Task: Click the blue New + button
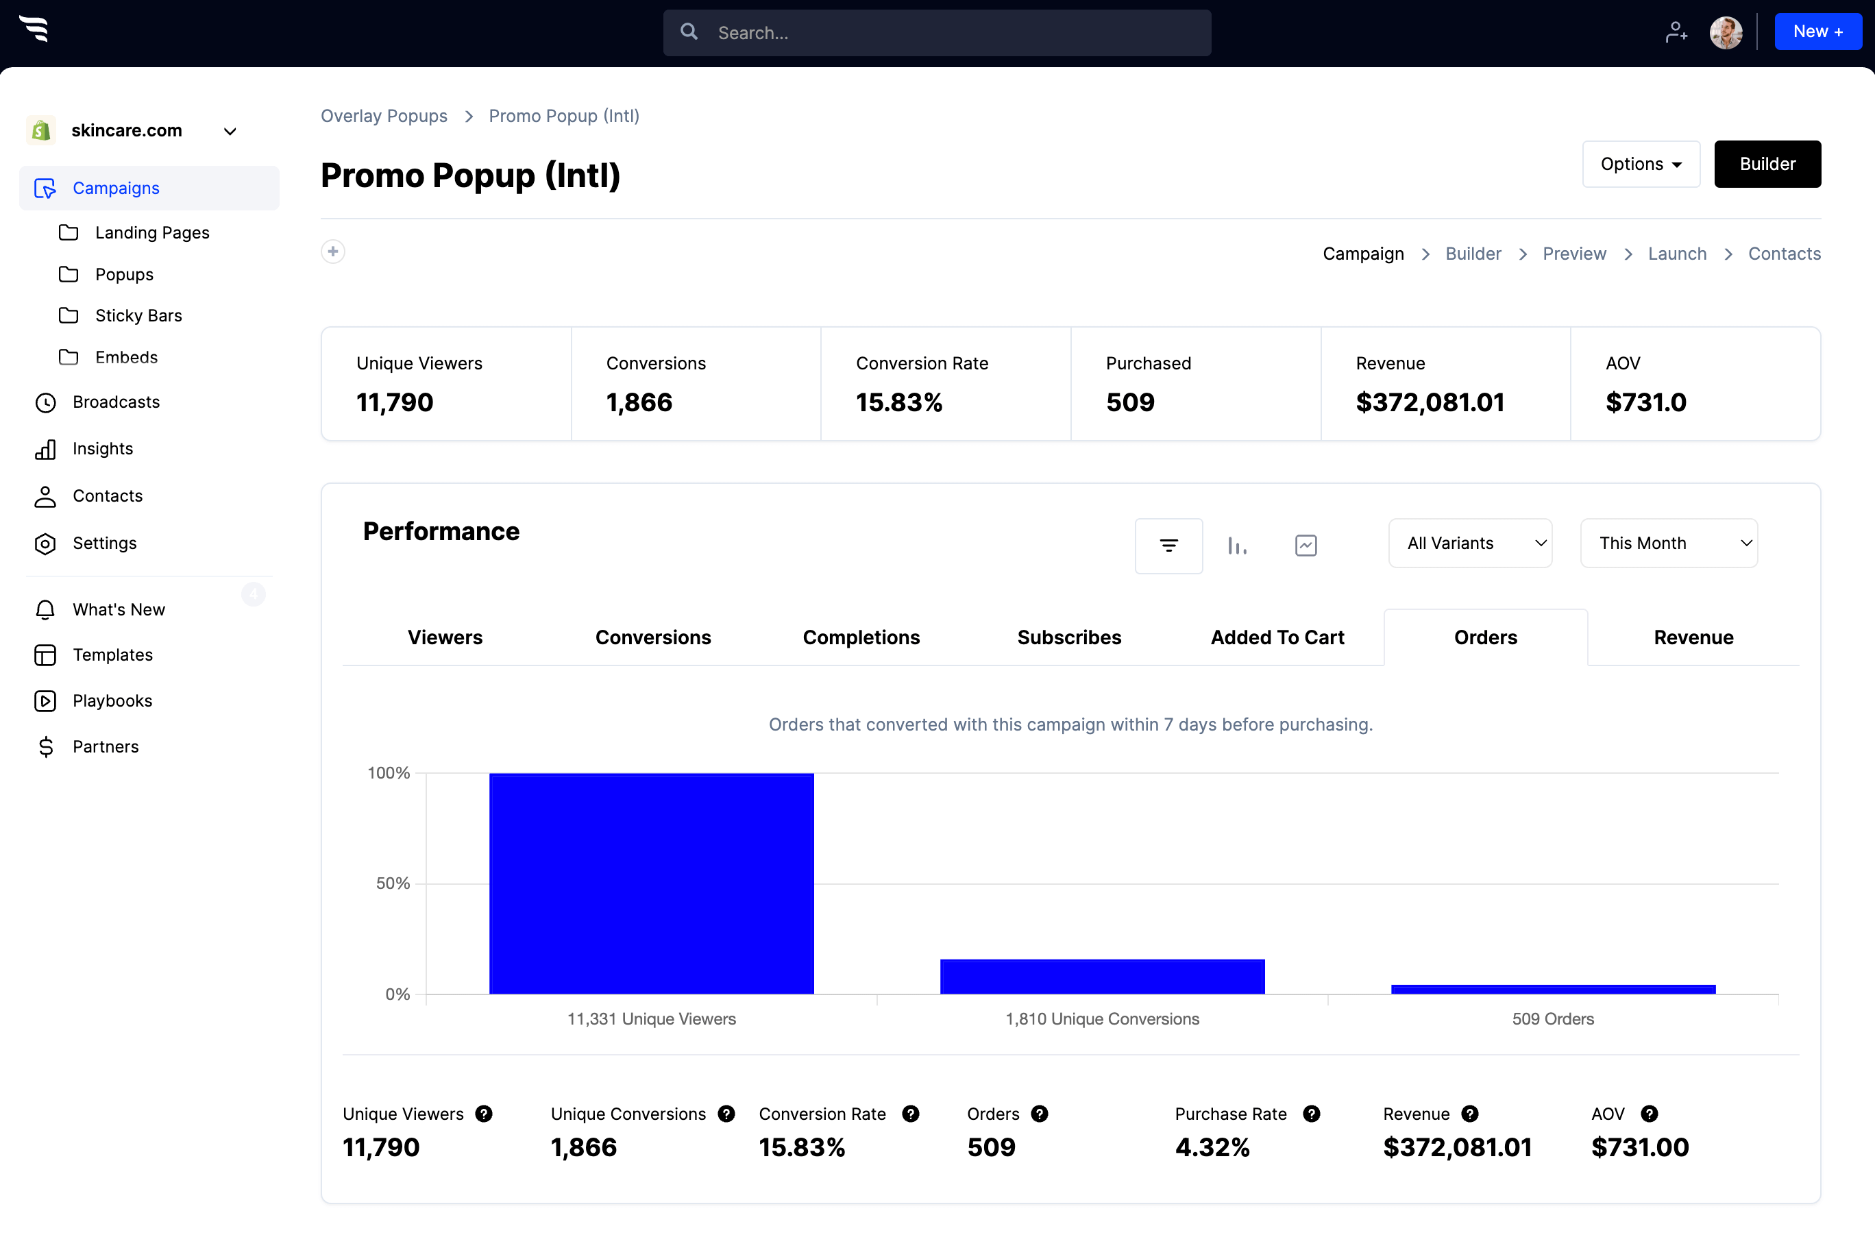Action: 1817,32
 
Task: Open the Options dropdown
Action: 1640,164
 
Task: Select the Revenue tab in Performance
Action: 1693,637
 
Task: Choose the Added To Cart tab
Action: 1277,637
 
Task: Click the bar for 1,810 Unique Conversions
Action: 1102,976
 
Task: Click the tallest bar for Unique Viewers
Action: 651,883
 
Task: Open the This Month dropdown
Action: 1669,543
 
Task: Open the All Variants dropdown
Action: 1470,543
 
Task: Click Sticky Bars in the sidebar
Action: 138,316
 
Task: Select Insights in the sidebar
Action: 102,449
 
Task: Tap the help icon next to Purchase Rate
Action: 1311,1114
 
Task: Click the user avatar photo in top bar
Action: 1726,32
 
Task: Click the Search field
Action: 938,32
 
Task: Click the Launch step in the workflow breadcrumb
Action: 1676,254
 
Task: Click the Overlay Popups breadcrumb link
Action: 384,116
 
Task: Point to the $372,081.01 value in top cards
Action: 1430,402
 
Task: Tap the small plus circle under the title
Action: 333,252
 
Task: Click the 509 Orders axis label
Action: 1552,1018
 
